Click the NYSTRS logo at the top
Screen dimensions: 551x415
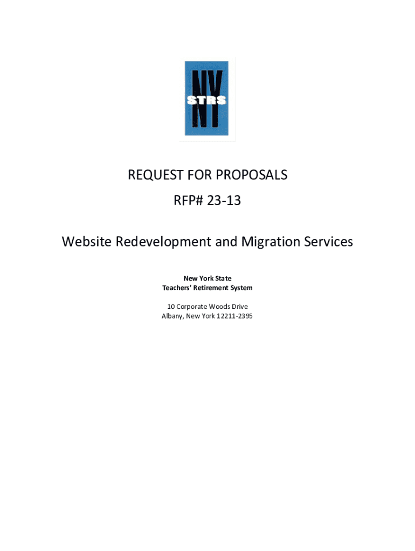coord(206,98)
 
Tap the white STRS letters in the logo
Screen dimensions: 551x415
coord(206,100)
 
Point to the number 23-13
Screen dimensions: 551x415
coord(223,201)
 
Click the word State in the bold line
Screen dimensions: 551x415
coord(223,278)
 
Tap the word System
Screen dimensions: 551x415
coord(242,288)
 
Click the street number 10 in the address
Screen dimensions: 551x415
coord(170,307)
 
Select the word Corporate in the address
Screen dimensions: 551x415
coord(192,307)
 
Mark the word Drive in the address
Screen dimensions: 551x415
coord(240,307)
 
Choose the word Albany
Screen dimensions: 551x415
coord(172,316)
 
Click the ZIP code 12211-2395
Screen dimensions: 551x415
coord(234,316)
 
